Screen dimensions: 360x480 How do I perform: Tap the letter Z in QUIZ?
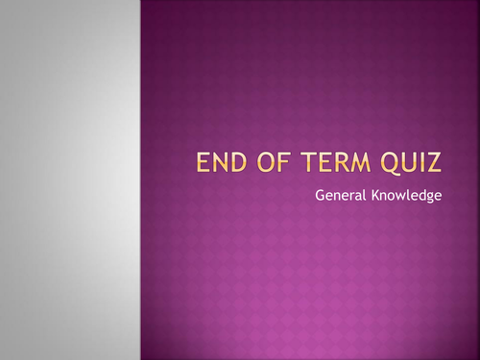pos(437,164)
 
